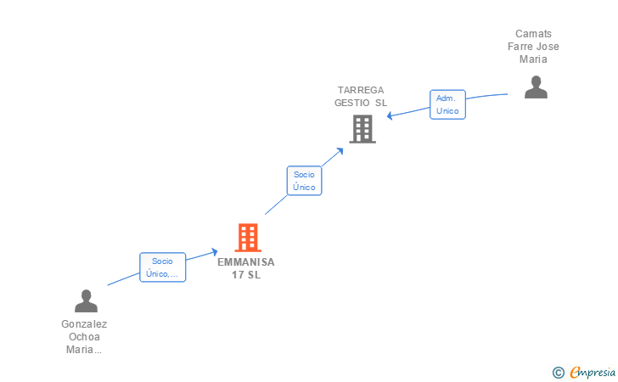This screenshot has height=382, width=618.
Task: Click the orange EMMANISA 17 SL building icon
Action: (x=247, y=238)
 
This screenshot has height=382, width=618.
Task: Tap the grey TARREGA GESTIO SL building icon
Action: (x=362, y=129)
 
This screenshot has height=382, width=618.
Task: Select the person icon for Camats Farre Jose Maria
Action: (x=536, y=87)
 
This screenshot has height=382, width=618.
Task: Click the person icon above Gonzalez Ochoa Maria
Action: (x=86, y=301)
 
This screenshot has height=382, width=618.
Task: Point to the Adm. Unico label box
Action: (x=447, y=104)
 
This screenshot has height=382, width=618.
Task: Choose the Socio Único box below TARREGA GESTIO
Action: (x=304, y=181)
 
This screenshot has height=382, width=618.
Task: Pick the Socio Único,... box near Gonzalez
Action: (x=162, y=267)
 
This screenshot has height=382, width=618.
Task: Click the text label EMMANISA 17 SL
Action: (x=246, y=268)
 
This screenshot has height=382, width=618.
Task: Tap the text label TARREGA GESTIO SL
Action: (x=361, y=96)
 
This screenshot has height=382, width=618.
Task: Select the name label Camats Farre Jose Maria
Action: (x=533, y=47)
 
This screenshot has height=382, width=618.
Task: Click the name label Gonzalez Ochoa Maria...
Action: (x=84, y=336)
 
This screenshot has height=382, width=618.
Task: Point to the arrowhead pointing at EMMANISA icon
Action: (x=214, y=250)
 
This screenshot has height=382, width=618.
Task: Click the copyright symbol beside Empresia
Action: (x=559, y=372)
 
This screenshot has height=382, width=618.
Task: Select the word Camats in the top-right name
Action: (x=533, y=34)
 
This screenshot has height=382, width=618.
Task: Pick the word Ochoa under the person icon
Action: (x=84, y=336)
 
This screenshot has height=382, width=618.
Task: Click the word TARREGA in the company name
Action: (x=361, y=90)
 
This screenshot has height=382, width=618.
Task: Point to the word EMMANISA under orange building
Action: (x=246, y=262)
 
